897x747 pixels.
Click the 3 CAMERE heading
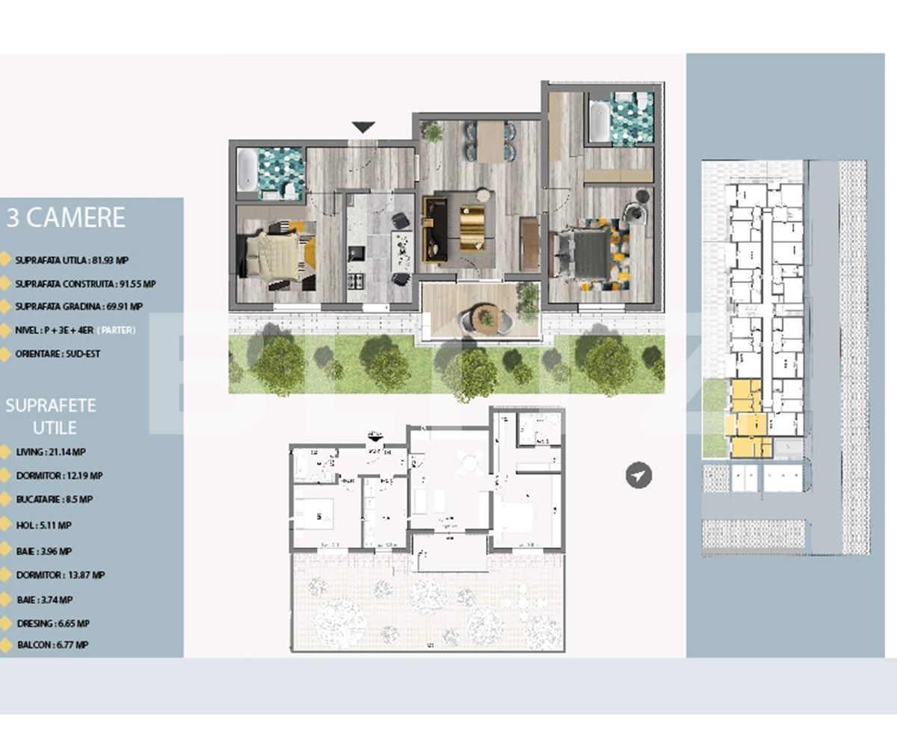tap(66, 218)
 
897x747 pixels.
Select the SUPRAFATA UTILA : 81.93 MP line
tap(71, 261)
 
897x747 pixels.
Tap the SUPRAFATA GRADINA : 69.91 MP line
tap(78, 306)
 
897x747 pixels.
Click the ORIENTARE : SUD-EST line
tap(58, 353)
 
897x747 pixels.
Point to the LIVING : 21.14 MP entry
tap(50, 452)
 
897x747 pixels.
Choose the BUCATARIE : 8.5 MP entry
tap(54, 499)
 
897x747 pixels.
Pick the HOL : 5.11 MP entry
tap(43, 525)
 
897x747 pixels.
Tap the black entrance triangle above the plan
tap(363, 128)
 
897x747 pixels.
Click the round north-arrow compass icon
tap(638, 475)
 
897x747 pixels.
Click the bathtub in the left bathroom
tap(247, 170)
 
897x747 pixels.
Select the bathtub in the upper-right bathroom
tap(599, 122)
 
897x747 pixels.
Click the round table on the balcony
tap(487, 318)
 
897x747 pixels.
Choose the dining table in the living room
tap(490, 140)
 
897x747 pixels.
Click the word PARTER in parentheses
tap(116, 330)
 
